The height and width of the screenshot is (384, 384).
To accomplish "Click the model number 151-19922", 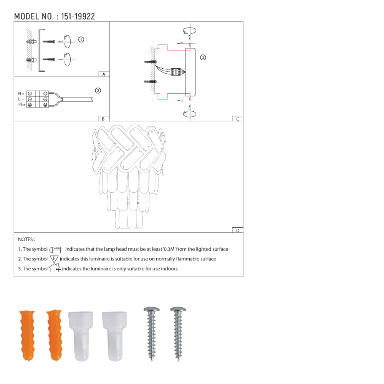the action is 78,17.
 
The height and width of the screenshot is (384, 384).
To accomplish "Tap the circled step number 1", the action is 81,40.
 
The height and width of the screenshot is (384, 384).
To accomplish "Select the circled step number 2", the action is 98,91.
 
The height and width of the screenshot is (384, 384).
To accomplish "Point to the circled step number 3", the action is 203,58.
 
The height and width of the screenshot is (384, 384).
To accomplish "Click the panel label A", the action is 104,74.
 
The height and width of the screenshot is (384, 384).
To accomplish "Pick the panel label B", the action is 103,119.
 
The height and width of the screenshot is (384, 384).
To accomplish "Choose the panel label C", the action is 238,119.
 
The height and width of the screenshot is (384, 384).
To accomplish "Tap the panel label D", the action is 238,230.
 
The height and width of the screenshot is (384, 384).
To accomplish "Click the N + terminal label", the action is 21,94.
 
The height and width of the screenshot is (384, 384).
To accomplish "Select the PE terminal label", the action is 22,104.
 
